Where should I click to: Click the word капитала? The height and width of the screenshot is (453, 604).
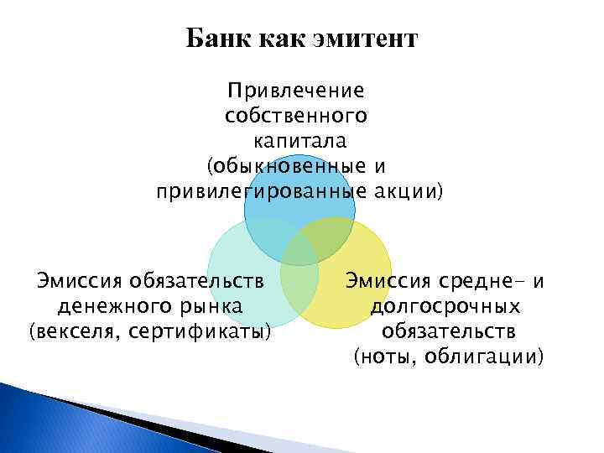pos(300,139)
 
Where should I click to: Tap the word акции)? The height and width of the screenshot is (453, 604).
pos(409,191)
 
